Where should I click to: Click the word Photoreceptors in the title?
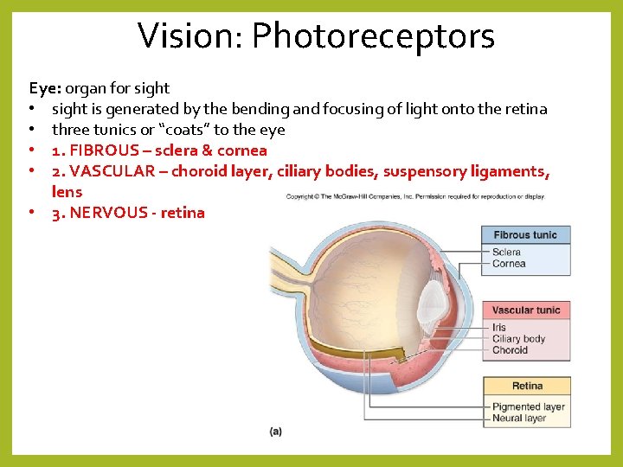point(373,36)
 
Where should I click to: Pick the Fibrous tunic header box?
point(526,235)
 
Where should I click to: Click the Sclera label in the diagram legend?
point(506,253)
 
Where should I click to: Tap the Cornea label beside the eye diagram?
point(509,264)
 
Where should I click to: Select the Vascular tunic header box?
point(526,310)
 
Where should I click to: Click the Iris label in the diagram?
point(499,328)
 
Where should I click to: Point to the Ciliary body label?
point(518,339)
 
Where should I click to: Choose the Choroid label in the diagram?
point(510,350)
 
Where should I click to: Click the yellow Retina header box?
point(526,386)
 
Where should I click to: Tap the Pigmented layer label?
point(528,406)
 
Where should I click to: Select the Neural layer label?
point(519,419)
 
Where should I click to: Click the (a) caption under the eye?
point(276,431)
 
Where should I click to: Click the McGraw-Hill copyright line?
point(415,196)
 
